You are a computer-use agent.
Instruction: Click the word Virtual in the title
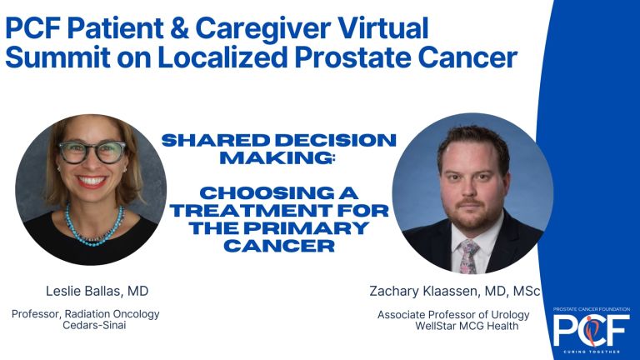coord(384,27)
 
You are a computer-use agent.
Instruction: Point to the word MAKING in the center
coord(277,158)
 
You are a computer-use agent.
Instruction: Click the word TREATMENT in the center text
coord(251,211)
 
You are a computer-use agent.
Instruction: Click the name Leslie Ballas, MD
coord(97,291)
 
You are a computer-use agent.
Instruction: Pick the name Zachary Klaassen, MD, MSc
coord(455,291)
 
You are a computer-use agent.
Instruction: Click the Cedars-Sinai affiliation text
coord(94,325)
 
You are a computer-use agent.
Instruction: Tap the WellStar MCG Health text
coord(467,326)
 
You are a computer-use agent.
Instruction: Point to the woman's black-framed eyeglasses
coord(92,152)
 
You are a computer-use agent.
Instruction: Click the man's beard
coord(472,213)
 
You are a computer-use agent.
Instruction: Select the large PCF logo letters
coord(592,330)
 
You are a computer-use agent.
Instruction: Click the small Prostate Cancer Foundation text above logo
coord(592,309)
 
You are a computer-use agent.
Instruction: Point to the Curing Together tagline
coord(592,352)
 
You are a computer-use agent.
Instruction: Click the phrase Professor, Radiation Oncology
coord(86,314)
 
